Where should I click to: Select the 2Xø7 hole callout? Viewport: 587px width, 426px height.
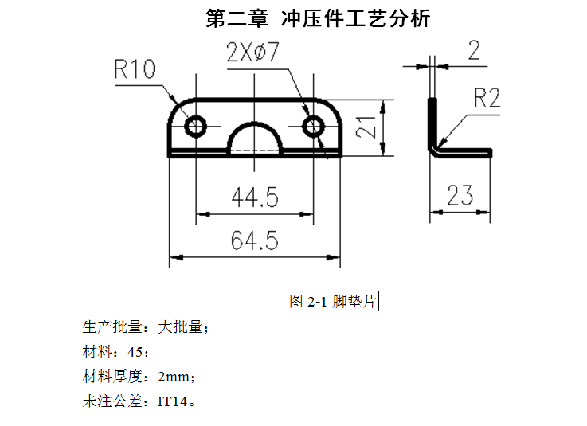tap(252, 53)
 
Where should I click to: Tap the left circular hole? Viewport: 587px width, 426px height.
tap(196, 126)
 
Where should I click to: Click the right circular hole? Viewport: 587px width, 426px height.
tap(313, 126)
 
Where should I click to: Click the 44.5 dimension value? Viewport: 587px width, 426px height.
tap(254, 197)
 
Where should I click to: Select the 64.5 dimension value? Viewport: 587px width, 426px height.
tap(254, 240)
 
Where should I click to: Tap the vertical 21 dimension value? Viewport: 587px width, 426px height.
tap(366, 127)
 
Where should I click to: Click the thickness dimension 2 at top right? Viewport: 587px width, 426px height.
tap(474, 52)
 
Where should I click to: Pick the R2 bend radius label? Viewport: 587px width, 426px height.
tap(486, 99)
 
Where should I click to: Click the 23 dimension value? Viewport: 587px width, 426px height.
tap(460, 195)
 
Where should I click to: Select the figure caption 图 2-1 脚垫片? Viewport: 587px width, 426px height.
tap(333, 302)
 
